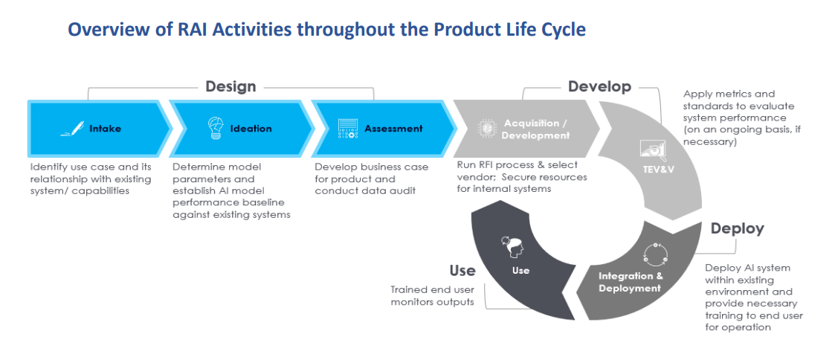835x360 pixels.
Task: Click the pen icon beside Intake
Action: (72, 129)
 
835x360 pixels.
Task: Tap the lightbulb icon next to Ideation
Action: (215, 129)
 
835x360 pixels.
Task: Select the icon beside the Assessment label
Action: (348, 129)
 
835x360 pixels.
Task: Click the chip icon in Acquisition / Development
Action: (486, 129)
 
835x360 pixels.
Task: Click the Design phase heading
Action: (230, 86)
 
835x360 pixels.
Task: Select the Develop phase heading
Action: (599, 86)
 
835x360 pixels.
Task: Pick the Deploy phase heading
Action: (738, 228)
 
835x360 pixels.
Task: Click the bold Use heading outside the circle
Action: (462, 271)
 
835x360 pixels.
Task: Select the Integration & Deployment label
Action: (630, 282)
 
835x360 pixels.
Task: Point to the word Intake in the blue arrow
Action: (105, 129)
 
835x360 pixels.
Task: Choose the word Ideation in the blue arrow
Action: (251, 129)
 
